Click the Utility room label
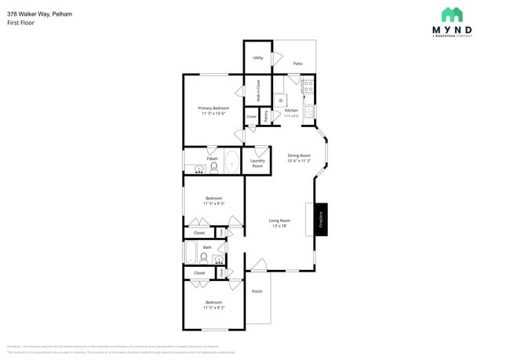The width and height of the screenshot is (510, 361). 257,58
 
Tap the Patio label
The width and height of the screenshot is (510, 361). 298,64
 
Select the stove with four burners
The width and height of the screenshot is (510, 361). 308,86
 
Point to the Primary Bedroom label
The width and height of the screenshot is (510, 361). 213,108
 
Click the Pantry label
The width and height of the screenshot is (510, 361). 266,116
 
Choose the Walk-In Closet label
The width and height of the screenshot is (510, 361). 259,92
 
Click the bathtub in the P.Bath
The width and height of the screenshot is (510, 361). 232,162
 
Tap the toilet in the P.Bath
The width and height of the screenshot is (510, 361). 213,166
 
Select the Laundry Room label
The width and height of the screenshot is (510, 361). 257,163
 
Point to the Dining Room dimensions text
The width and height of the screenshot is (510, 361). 299,161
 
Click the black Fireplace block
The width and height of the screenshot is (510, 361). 320,218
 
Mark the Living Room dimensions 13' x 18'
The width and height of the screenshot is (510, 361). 280,226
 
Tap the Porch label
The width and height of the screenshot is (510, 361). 257,291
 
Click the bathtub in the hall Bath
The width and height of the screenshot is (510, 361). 191,253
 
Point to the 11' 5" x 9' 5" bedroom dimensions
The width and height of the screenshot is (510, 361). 213,203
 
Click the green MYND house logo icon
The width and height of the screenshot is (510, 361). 452,14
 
